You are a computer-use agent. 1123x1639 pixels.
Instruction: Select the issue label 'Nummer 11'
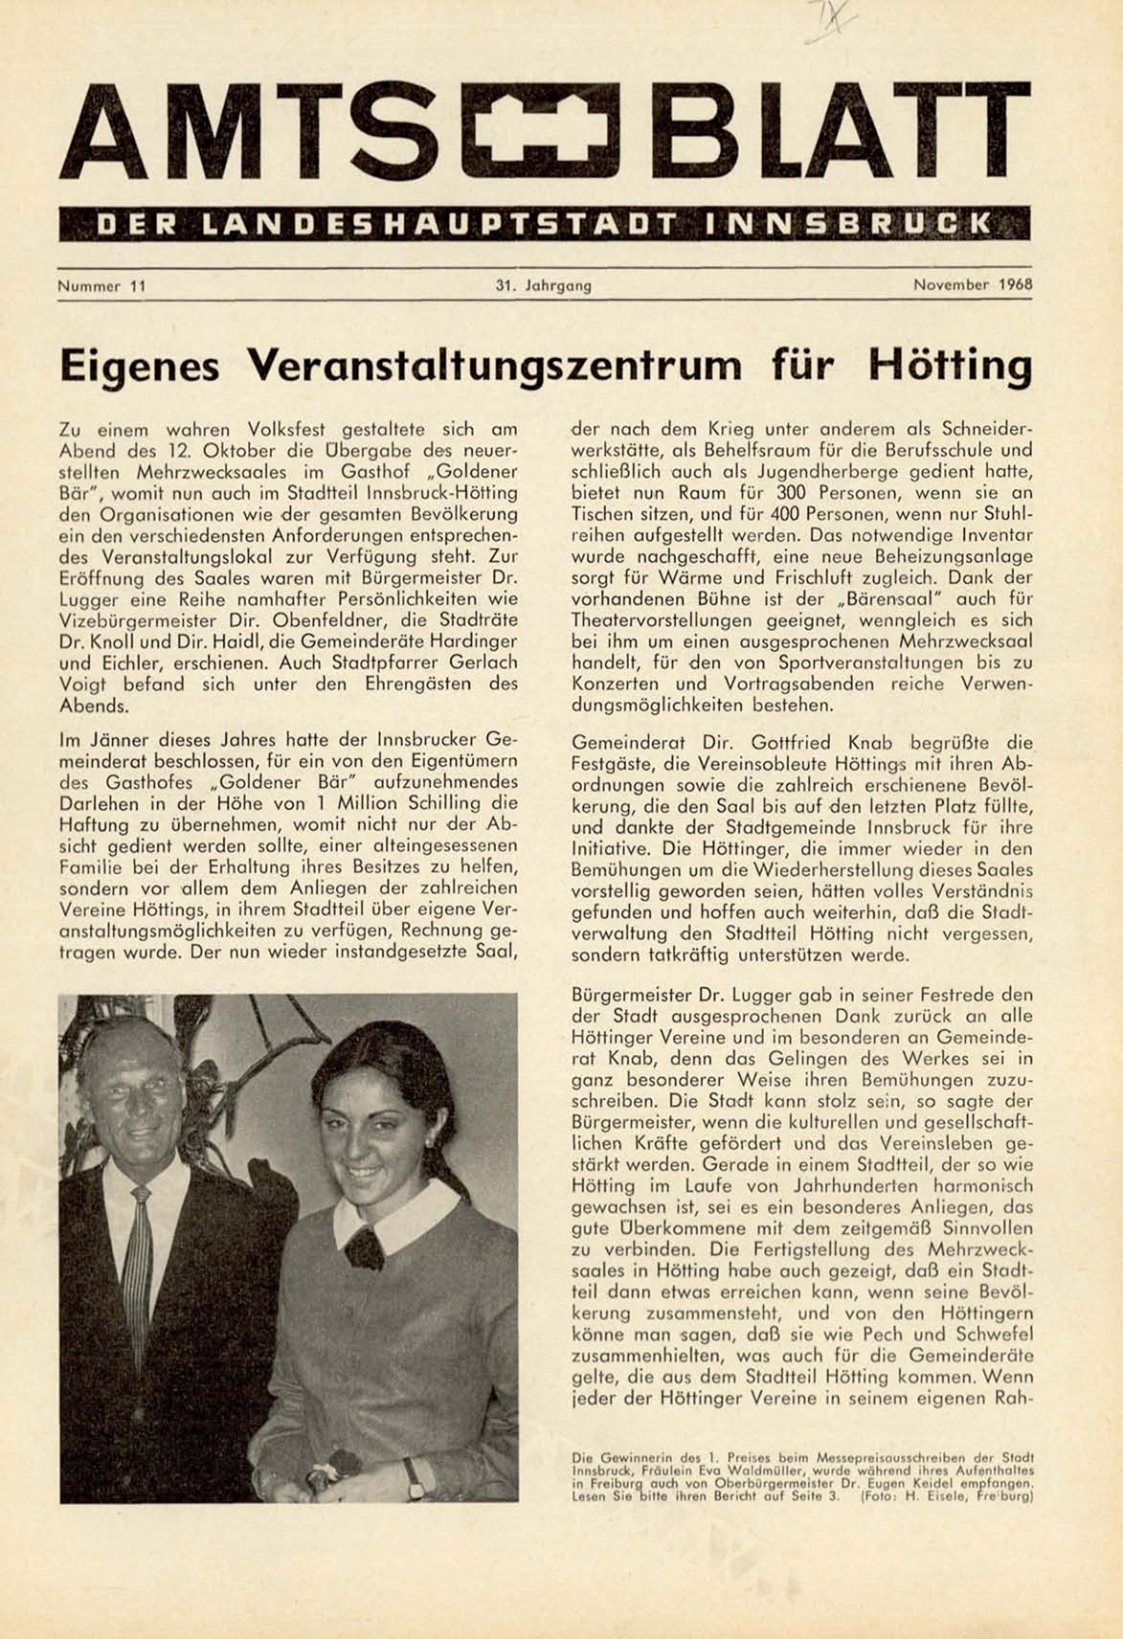click(x=101, y=284)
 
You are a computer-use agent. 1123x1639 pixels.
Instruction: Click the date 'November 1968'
click(x=972, y=284)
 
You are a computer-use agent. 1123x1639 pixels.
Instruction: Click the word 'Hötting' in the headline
click(x=951, y=364)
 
